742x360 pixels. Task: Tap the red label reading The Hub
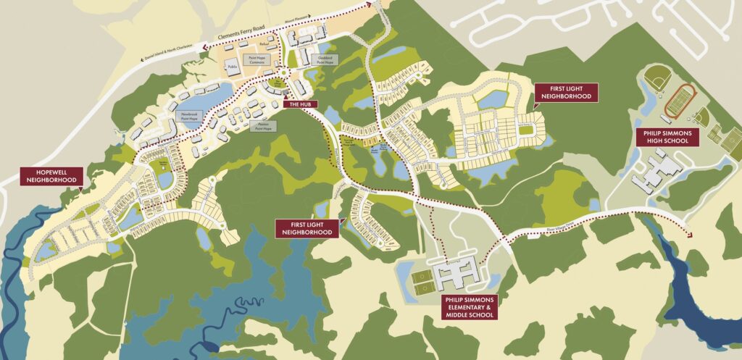[x=300, y=104]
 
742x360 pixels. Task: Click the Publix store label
[x=233, y=67]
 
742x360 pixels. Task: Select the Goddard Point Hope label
[x=325, y=59]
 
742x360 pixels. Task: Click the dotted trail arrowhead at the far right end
[x=686, y=234]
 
